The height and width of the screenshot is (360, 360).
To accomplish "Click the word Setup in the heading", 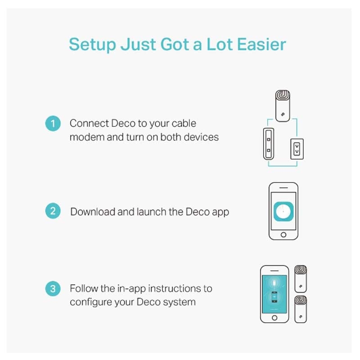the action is [x=93, y=45].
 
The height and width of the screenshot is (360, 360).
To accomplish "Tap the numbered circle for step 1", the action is [x=53, y=123].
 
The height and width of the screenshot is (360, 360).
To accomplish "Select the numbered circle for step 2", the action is [x=53, y=211].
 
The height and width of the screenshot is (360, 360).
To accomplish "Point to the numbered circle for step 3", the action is [x=53, y=288].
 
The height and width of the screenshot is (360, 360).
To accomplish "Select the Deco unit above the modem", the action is [x=283, y=106].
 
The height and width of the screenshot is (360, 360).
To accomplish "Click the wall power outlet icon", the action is [x=297, y=149].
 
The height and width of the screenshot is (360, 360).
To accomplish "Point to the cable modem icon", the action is [x=269, y=144].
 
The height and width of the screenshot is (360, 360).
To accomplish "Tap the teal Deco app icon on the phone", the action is [x=283, y=211].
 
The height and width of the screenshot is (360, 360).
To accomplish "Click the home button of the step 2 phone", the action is [x=283, y=234].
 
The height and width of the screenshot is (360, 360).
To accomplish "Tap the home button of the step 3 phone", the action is [x=274, y=318].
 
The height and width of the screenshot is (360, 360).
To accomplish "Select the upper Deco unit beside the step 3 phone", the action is [x=301, y=279].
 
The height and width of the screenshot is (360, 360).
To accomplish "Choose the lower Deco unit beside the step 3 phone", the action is [x=301, y=309].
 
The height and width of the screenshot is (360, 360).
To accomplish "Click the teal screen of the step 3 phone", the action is [x=274, y=294].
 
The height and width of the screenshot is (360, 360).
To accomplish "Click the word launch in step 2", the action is [x=152, y=211].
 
